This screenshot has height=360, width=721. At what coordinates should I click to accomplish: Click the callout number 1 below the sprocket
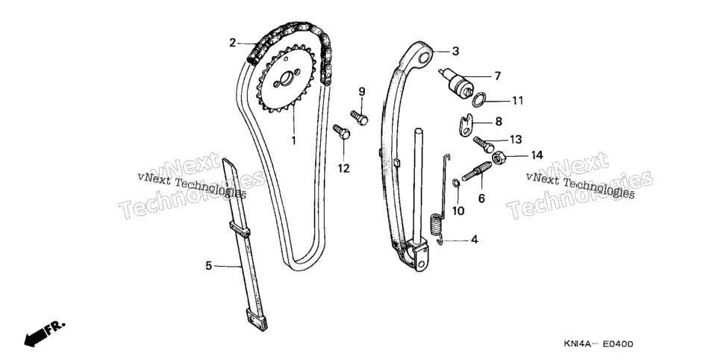(293, 140)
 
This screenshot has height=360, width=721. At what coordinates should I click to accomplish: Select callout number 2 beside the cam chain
(233, 43)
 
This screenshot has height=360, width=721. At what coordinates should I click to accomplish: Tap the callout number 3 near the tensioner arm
(455, 51)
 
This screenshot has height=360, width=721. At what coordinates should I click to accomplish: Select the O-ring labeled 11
(478, 99)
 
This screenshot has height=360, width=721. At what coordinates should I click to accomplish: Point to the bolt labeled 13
(483, 143)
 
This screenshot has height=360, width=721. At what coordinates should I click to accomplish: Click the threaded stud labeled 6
(476, 171)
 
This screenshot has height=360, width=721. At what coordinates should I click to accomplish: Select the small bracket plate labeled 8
(467, 125)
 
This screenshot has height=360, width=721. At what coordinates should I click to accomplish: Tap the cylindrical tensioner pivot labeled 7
(458, 83)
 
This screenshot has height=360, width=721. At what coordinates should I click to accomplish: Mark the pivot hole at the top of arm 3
(426, 58)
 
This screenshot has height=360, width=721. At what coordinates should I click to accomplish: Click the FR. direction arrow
(45, 333)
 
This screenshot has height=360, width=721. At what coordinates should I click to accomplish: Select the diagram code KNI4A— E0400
(599, 344)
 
